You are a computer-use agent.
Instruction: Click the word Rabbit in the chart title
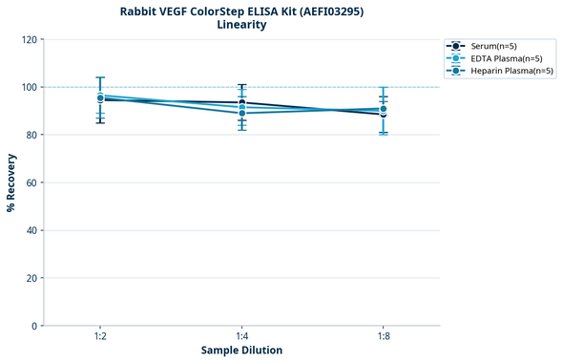point(141,11)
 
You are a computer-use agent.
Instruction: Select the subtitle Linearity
point(241,25)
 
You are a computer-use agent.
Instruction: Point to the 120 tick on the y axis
point(30,39)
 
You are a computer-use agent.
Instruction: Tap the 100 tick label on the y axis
point(30,87)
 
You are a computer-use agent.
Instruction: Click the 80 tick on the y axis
point(32,135)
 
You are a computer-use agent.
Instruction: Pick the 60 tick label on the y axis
point(32,182)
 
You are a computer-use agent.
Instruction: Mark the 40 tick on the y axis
point(32,230)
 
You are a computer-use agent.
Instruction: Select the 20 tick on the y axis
point(32,278)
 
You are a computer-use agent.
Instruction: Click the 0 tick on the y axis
point(35,326)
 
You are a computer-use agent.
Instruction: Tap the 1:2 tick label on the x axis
point(100,336)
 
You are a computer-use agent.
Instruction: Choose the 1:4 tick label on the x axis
point(242,336)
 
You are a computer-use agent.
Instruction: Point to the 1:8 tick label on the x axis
point(384,336)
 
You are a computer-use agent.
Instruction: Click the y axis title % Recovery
point(11,182)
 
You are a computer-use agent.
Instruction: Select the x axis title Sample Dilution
point(241,351)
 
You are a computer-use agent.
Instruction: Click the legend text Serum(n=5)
point(495,46)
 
